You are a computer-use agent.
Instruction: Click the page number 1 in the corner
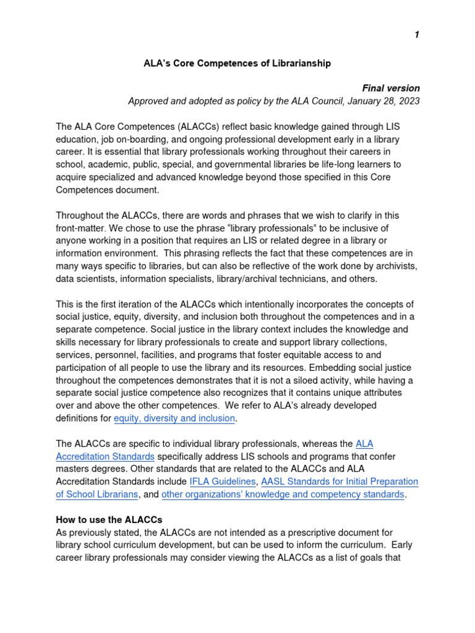point(417,35)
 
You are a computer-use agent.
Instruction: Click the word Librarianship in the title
point(296,63)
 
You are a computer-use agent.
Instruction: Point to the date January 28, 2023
point(383,101)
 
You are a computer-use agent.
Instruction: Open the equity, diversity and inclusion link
point(174,418)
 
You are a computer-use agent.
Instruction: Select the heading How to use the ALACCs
point(109,520)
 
